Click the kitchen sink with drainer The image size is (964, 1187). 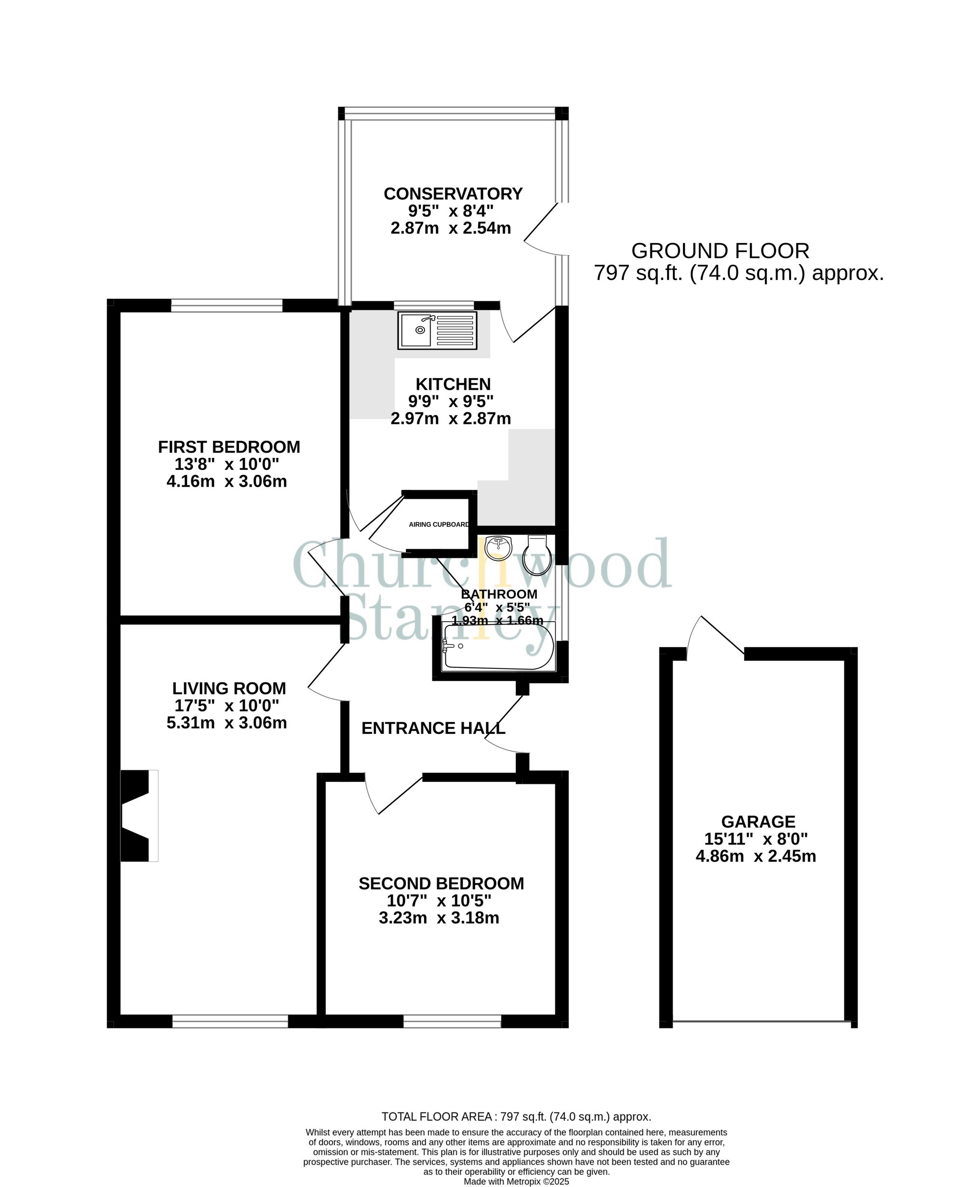coord(437,330)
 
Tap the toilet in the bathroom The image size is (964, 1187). coord(537,555)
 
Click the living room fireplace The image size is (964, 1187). coord(138,815)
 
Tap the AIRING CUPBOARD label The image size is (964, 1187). coord(439,524)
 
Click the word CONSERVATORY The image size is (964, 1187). coord(453,194)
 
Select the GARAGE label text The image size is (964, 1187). coord(758,822)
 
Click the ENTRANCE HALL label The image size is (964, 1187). coord(433,728)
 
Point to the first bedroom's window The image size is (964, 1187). coord(227,306)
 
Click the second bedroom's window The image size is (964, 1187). coord(452,1022)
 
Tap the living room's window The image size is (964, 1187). coord(230,1022)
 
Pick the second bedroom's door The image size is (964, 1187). coord(394,795)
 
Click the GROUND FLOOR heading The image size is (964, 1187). coord(720,251)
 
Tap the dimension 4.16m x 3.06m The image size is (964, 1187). coord(227,481)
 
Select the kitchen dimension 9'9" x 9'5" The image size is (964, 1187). coord(450,401)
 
